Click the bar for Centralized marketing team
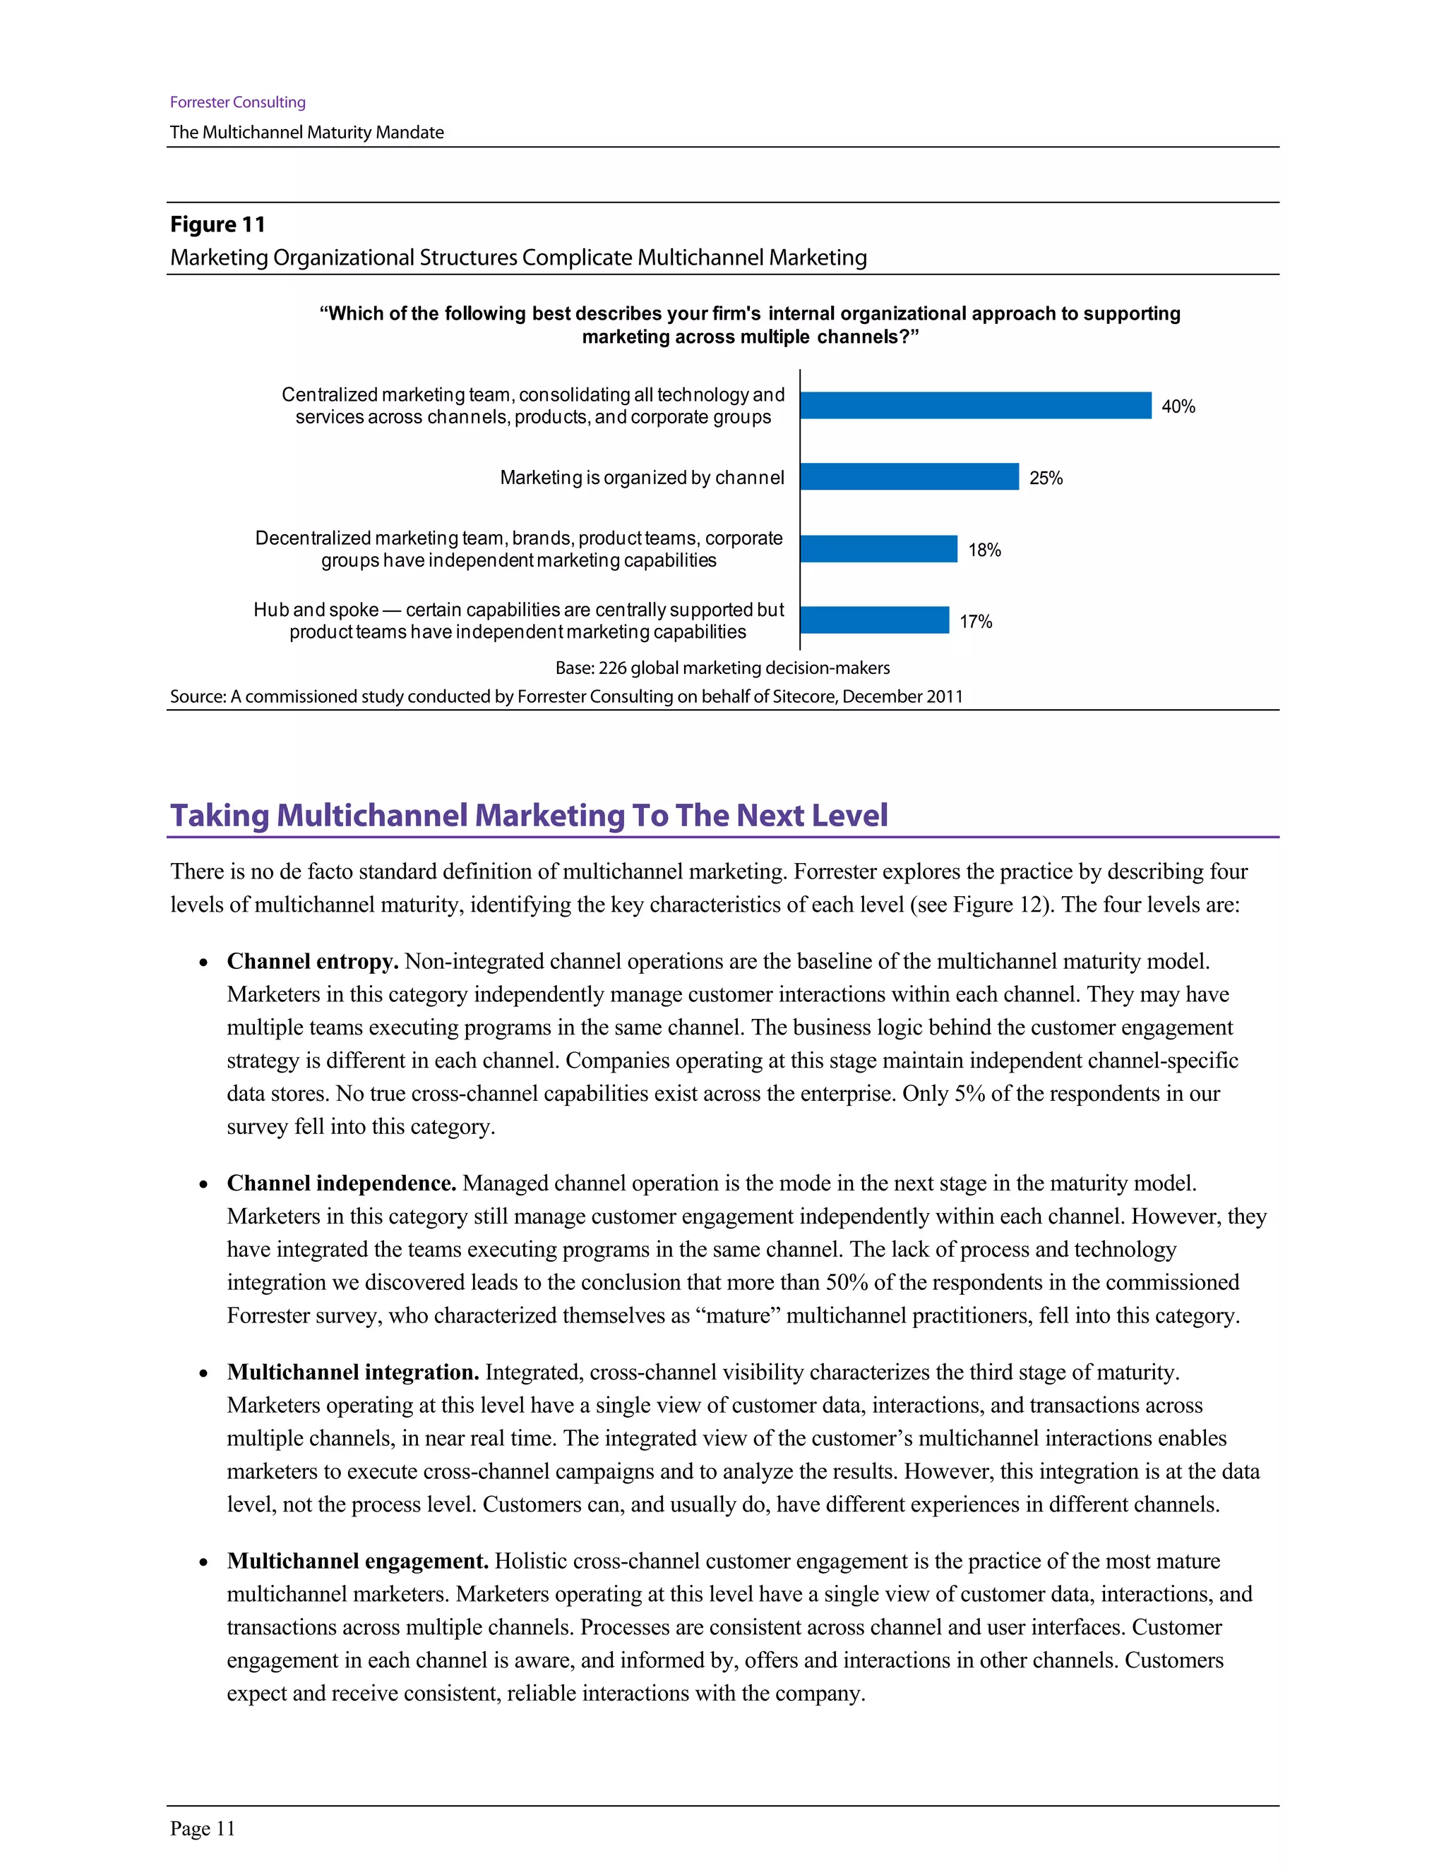point(976,405)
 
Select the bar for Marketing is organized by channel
point(909,477)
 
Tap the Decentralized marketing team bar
point(879,549)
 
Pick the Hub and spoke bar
point(875,620)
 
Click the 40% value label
point(1178,406)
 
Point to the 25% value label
point(1045,478)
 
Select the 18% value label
point(984,550)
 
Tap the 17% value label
point(975,622)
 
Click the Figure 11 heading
point(217,224)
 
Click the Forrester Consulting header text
point(237,102)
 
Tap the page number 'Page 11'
point(202,1828)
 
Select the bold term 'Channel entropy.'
point(313,962)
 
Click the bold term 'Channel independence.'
point(341,1183)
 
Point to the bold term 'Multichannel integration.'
point(352,1373)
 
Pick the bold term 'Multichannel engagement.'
point(357,1561)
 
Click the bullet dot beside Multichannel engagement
point(203,1562)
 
